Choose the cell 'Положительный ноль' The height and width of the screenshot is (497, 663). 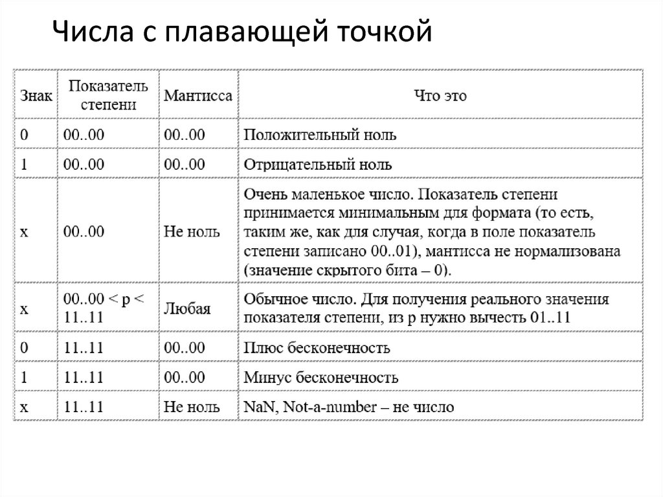tap(320, 135)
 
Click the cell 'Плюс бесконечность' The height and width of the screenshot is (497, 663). tap(317, 348)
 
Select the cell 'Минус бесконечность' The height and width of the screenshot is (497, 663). tap(320, 377)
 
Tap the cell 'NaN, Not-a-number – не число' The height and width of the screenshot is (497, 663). tap(348, 407)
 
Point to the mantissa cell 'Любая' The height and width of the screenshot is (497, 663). tap(187, 309)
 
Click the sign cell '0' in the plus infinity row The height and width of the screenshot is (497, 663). tap(24, 348)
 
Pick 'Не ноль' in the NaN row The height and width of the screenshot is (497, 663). tap(192, 407)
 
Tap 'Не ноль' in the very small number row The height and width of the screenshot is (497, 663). tap(192, 231)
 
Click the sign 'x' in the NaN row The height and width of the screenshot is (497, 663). tap(24, 407)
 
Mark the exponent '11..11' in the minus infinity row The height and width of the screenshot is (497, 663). tap(84, 377)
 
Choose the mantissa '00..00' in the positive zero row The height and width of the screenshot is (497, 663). tap(185, 135)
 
